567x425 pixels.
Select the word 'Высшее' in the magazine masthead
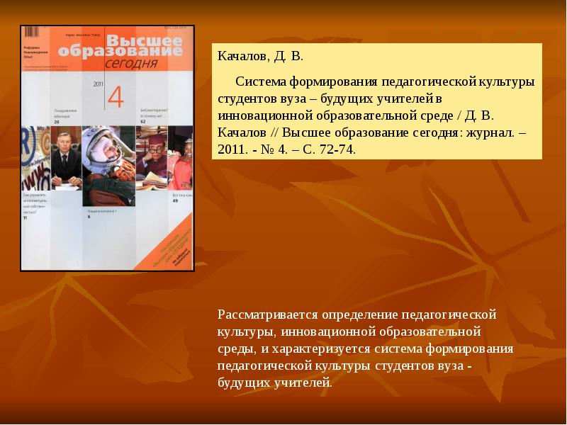(147, 40)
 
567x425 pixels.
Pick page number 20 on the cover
(57, 123)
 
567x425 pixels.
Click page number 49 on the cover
(174, 201)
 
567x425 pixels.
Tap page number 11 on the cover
(26, 218)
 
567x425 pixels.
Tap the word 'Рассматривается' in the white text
(268, 314)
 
